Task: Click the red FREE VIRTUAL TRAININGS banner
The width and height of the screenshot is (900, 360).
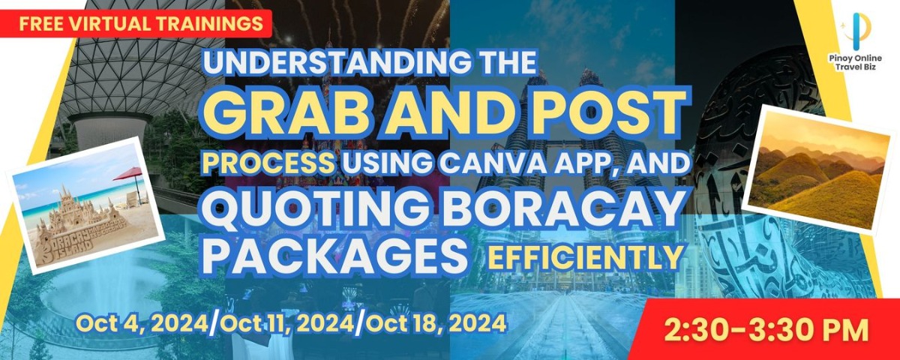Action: pyautogui.click(x=136, y=24)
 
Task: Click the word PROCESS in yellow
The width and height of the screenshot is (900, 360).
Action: pyautogui.click(x=268, y=164)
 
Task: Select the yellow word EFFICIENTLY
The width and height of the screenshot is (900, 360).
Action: pyautogui.click(x=586, y=256)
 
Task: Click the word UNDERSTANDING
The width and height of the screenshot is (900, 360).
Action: pyautogui.click(x=336, y=62)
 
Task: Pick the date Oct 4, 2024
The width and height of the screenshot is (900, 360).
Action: pyautogui.click(x=142, y=324)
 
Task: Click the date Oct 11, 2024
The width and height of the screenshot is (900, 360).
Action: pyautogui.click(x=286, y=324)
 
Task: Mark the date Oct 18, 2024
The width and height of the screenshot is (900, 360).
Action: pyautogui.click(x=435, y=324)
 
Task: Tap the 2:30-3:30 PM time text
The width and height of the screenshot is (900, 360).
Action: pyautogui.click(x=766, y=330)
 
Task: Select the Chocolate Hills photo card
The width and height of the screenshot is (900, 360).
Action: pyautogui.click(x=817, y=169)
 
